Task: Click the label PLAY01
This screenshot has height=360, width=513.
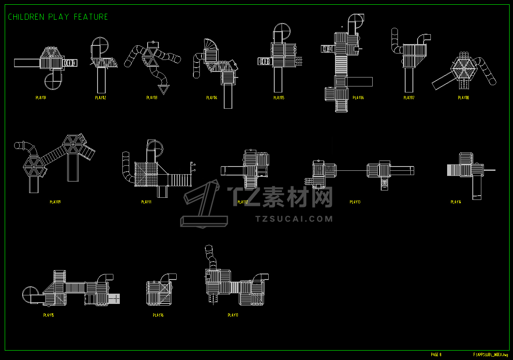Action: [41, 98]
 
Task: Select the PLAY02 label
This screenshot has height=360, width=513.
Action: [100, 98]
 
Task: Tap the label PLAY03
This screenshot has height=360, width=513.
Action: [152, 98]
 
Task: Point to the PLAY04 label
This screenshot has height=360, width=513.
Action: [211, 98]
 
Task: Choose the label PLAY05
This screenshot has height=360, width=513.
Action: [279, 98]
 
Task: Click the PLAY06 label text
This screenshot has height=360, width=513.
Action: [358, 98]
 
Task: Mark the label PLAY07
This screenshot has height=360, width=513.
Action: [409, 98]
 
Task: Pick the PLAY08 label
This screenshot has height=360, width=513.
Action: [463, 98]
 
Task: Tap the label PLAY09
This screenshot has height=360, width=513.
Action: [55, 202]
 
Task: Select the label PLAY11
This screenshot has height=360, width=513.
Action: [146, 202]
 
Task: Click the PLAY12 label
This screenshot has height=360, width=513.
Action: [243, 202]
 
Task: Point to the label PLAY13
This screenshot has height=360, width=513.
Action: [355, 202]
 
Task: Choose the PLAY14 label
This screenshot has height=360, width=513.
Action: [456, 202]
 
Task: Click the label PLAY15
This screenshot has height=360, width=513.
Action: [48, 315]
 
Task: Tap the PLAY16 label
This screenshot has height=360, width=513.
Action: [158, 315]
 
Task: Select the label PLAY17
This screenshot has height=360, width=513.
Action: [233, 315]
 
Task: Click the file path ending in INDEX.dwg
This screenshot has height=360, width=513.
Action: [490, 354]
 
